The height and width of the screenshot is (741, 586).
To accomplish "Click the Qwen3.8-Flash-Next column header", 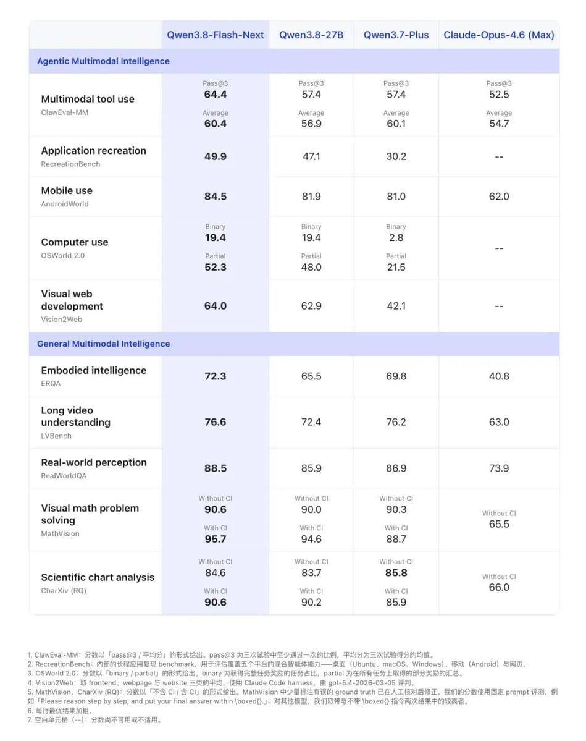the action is pyautogui.click(x=216, y=35).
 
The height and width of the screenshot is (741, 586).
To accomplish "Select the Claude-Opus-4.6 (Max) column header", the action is pyautogui.click(x=499, y=35).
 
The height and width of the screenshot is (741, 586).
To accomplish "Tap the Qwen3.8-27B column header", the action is pyautogui.click(x=311, y=35).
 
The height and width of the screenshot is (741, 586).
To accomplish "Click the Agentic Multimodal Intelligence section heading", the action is pyautogui.click(x=103, y=61).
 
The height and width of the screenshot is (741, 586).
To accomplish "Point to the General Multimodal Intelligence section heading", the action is pyautogui.click(x=103, y=344).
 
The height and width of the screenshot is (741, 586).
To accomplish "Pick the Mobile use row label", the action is pyautogui.click(x=67, y=190).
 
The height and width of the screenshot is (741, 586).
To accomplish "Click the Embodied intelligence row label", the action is pyautogui.click(x=93, y=371).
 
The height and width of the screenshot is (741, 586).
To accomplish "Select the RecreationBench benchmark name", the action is pyautogui.click(x=70, y=164).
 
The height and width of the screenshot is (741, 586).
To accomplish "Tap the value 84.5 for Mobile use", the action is pyautogui.click(x=216, y=196).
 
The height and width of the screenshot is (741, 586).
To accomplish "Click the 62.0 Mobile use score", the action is pyautogui.click(x=499, y=196).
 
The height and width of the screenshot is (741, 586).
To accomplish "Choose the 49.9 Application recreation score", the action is pyautogui.click(x=216, y=156).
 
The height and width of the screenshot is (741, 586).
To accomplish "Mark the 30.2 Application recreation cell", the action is pyautogui.click(x=396, y=156).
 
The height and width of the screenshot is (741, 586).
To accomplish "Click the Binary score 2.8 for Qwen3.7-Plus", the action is pyautogui.click(x=396, y=238).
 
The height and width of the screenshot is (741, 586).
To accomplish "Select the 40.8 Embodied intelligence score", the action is pyautogui.click(x=499, y=376).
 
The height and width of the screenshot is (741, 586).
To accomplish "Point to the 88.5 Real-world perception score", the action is pyautogui.click(x=216, y=468).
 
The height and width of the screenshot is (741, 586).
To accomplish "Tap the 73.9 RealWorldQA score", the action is pyautogui.click(x=499, y=468).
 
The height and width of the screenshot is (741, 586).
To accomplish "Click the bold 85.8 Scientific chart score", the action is pyautogui.click(x=396, y=573).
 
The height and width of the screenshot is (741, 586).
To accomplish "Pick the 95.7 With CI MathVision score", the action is pyautogui.click(x=216, y=539).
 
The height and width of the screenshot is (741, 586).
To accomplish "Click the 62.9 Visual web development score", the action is pyautogui.click(x=311, y=306).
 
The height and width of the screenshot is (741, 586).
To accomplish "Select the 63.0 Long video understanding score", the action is pyautogui.click(x=499, y=422).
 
